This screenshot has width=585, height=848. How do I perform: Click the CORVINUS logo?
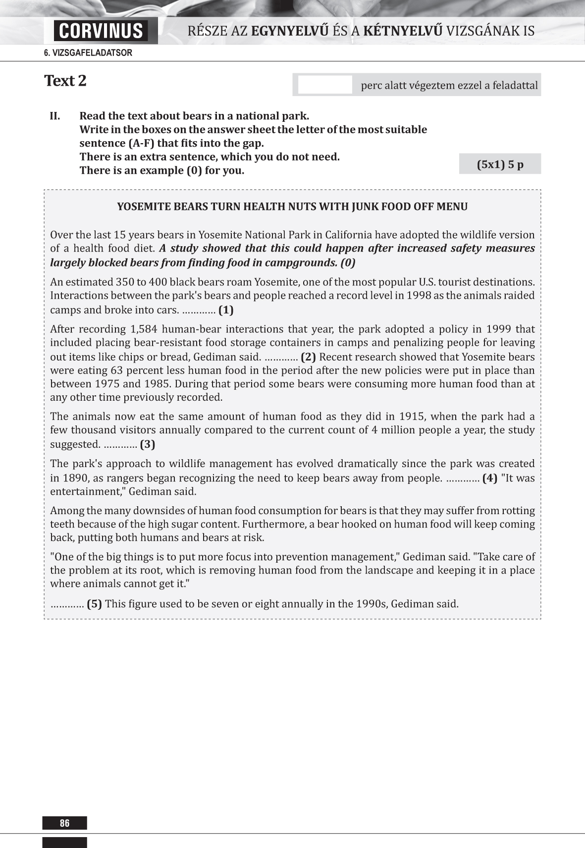(101, 31)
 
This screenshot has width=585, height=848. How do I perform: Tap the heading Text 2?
(65, 81)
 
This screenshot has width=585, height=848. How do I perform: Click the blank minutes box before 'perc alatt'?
(325, 85)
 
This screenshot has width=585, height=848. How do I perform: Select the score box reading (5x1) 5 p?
(500, 164)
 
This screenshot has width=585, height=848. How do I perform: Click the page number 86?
(64, 823)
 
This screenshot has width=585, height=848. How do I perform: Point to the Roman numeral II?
(55, 116)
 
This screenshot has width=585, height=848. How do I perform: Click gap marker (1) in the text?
(226, 310)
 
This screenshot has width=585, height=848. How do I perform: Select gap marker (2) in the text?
(308, 357)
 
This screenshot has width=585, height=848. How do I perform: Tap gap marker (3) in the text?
(148, 444)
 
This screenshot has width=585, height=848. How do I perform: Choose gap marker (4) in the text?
(490, 478)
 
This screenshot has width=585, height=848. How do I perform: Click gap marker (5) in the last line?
(94, 604)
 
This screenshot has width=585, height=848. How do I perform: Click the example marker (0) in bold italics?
(348, 263)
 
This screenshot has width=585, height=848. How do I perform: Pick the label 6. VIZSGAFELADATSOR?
(88, 53)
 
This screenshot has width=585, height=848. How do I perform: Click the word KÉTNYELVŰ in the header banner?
(403, 31)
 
